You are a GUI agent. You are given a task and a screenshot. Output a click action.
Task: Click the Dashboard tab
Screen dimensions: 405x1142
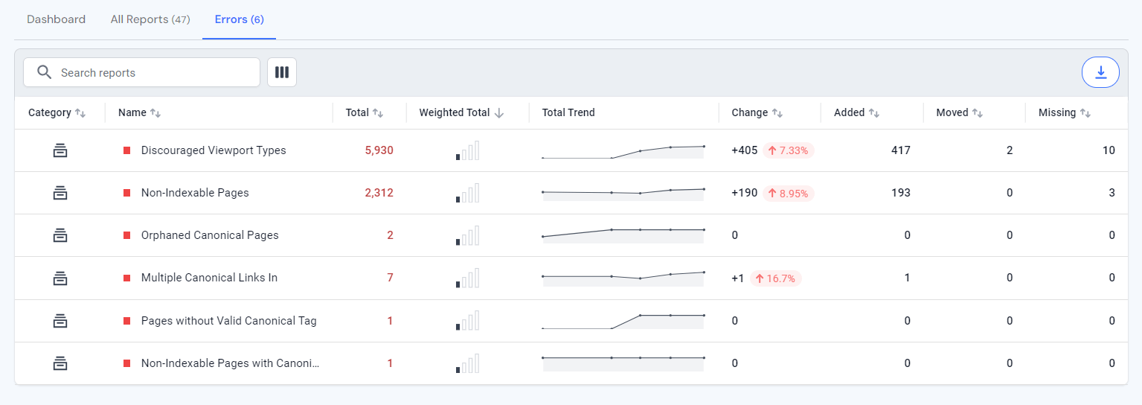[56, 19]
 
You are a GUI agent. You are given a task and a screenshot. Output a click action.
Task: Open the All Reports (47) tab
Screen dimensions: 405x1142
[150, 19]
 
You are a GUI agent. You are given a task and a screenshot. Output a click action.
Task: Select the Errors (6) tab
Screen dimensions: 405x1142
[239, 19]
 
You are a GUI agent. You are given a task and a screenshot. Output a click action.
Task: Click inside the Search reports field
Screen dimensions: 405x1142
[149, 72]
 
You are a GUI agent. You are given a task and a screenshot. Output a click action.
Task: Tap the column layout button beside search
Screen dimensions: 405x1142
[282, 72]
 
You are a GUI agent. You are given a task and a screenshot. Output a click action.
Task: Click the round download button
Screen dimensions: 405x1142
[1100, 72]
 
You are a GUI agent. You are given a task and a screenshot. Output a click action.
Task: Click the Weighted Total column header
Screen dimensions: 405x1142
[455, 112]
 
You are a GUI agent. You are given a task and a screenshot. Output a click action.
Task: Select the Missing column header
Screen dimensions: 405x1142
[1057, 112]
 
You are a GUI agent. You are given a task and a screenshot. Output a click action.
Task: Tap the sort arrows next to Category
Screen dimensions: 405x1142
[80, 113]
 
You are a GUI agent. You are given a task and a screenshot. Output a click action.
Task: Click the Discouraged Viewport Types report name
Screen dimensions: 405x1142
[214, 150]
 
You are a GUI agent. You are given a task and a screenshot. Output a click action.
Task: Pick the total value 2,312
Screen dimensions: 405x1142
[379, 193]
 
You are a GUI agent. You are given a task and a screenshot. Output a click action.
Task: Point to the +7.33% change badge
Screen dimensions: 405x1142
[789, 150]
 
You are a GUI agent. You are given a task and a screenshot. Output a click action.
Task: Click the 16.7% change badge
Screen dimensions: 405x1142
[775, 278]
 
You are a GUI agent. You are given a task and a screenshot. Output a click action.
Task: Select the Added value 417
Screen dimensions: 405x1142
[900, 150]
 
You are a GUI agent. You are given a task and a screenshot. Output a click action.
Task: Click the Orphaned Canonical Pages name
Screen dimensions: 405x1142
[210, 235]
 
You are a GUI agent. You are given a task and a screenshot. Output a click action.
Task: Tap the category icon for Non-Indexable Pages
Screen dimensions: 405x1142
[60, 193]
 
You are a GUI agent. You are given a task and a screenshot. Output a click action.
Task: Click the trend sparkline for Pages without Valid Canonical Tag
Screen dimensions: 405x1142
[623, 321]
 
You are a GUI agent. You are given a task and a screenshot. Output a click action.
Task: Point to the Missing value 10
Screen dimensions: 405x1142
[1109, 150]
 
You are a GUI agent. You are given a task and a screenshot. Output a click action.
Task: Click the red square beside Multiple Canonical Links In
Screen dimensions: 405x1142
[126, 278]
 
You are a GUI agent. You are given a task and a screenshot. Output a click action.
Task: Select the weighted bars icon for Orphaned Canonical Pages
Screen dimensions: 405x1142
[467, 236]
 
